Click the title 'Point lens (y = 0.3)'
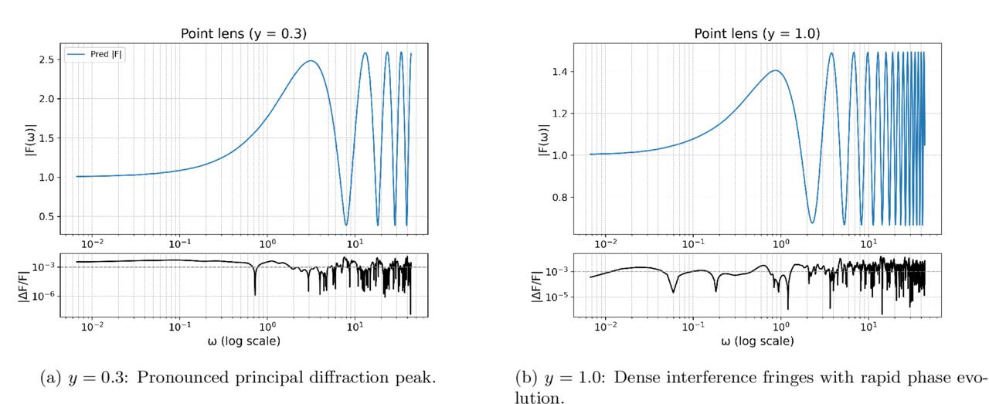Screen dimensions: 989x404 pos(243,33)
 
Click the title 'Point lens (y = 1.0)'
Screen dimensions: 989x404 pos(756,33)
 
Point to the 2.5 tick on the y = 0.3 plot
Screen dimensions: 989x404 pos(46,59)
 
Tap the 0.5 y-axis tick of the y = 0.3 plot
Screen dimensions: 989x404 pos(46,216)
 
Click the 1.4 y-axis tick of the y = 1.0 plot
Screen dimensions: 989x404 pos(560,72)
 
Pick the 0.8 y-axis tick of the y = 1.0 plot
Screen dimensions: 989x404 pos(560,197)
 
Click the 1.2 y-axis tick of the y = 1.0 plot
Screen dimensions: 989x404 pos(560,114)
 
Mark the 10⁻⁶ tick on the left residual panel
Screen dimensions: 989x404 pos(43,295)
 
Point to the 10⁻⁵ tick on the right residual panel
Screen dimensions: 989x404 pos(556,296)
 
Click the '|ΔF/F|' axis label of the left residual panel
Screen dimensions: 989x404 pos(24,286)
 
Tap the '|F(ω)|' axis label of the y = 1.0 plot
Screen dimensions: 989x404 pos(543,140)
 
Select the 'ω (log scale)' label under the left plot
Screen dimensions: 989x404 pos(243,341)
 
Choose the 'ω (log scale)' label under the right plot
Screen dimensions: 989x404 pos(757,341)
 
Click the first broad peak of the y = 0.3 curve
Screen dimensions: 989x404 pos(311,61)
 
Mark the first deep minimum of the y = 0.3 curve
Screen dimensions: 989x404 pos(346,224)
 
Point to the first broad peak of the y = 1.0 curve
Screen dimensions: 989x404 pos(775,70)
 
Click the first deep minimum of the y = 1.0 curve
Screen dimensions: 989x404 pos(812,222)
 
